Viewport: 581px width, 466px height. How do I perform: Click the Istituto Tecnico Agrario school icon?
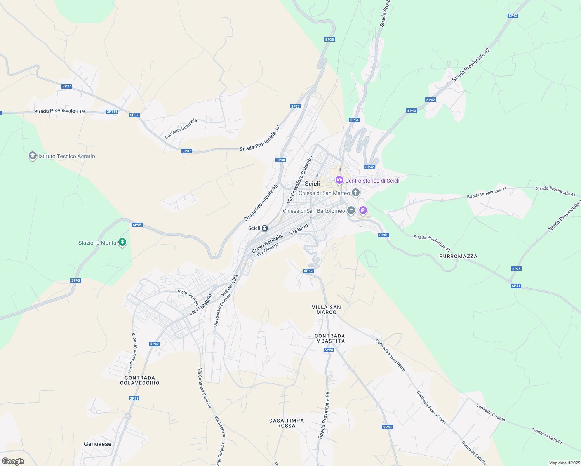pyautogui.click(x=32, y=156)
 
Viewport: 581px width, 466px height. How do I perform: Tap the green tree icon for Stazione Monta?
pyautogui.click(x=122, y=243)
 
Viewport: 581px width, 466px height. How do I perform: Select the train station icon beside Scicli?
pyautogui.click(x=264, y=228)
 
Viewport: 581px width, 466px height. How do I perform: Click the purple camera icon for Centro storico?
pyautogui.click(x=339, y=180)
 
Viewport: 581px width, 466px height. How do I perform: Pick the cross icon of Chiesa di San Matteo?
pyautogui.click(x=355, y=193)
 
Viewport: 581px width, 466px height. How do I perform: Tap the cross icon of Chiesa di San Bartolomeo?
pyautogui.click(x=351, y=210)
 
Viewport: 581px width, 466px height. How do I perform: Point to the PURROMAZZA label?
pyautogui.click(x=458, y=256)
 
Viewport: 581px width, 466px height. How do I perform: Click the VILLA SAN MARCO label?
pyautogui.click(x=326, y=310)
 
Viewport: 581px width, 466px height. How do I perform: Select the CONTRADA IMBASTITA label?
pyautogui.click(x=330, y=338)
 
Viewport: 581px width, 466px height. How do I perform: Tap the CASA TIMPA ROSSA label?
pyautogui.click(x=287, y=423)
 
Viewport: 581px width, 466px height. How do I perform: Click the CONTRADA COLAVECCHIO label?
pyautogui.click(x=140, y=380)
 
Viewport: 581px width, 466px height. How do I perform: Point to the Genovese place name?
pyautogui.click(x=97, y=444)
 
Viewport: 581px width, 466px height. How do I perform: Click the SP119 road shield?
pyautogui.click(x=112, y=111)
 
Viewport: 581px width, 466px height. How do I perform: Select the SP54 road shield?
pyautogui.click(x=354, y=120)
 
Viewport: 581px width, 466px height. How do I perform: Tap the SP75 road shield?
pyautogui.click(x=517, y=269)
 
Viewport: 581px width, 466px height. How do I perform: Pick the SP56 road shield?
pyautogui.click(x=329, y=350)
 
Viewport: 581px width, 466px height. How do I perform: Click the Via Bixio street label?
pyautogui.click(x=299, y=229)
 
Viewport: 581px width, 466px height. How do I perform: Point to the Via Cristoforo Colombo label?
pyautogui.click(x=299, y=180)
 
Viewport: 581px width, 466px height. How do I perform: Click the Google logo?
pyautogui.click(x=13, y=461)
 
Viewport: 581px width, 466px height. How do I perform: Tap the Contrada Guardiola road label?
pyautogui.click(x=181, y=129)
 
